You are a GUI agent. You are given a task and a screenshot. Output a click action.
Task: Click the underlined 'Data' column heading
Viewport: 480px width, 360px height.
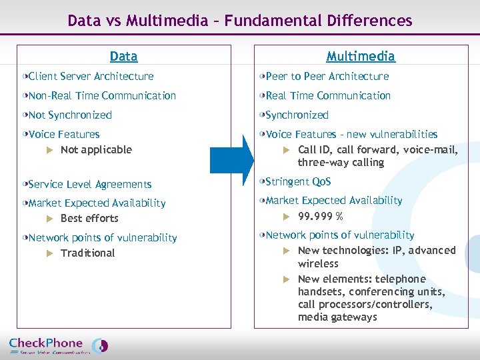click(123, 57)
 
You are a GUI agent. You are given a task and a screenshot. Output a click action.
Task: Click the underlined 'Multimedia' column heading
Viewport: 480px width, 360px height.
click(361, 57)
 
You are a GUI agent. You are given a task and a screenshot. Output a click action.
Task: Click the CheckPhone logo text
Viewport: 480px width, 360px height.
click(47, 343)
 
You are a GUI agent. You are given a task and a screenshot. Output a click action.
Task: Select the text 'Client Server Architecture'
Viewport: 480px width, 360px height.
click(91, 77)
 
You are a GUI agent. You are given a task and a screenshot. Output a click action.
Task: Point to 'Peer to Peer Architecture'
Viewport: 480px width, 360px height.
click(327, 77)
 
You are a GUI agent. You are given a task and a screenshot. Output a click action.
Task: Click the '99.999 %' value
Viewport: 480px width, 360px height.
click(320, 216)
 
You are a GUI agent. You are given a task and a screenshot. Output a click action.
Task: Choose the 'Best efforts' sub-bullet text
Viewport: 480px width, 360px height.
click(89, 219)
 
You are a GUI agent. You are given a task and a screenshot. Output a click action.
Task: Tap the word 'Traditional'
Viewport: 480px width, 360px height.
click(87, 253)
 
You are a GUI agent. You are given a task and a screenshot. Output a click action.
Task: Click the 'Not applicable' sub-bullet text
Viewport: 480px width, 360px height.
click(96, 150)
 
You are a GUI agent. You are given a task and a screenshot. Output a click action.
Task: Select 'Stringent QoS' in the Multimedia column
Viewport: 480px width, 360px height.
click(298, 182)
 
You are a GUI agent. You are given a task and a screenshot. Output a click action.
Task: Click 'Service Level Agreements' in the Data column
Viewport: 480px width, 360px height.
click(90, 185)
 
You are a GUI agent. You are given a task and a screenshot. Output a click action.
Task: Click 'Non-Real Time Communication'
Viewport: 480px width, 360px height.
click(102, 96)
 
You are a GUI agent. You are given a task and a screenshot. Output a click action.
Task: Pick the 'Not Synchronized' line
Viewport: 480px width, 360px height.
click(70, 115)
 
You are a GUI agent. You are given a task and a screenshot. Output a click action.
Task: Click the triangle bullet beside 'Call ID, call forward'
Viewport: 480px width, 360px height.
click(286, 150)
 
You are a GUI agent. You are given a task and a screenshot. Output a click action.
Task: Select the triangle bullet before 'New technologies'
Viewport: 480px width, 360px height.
click(286, 251)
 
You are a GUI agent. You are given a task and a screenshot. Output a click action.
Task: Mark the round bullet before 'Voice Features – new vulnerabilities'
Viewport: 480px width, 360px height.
click(262, 135)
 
